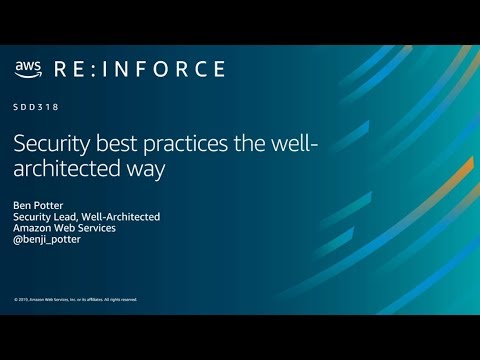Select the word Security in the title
49,144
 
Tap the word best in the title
111,144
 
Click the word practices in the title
174,144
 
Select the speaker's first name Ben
23,204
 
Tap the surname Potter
50,204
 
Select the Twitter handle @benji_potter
48,240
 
